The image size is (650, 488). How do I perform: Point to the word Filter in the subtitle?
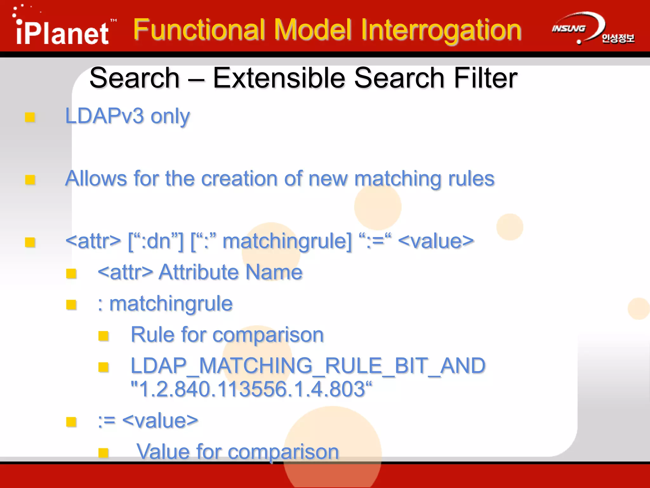[x=486, y=78]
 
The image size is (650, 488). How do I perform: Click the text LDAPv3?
[x=105, y=116]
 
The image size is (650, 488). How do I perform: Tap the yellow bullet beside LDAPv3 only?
[x=30, y=117]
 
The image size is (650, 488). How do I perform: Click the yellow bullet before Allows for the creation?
[x=30, y=180]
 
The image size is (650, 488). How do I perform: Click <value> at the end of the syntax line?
[x=436, y=241]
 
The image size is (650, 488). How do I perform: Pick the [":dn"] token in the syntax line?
[x=156, y=241]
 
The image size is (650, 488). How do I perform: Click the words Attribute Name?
[x=230, y=272]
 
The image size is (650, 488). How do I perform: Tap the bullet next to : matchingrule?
[x=71, y=305]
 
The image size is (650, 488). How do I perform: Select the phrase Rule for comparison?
[x=227, y=335]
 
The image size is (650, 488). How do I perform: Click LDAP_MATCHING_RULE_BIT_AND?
[x=308, y=366]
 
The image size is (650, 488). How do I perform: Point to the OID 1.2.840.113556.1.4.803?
[x=251, y=389]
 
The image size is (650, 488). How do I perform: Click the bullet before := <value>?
[x=71, y=422]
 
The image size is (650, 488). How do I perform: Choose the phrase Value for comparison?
[x=237, y=451]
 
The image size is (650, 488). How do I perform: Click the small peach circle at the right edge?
[x=639, y=308]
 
